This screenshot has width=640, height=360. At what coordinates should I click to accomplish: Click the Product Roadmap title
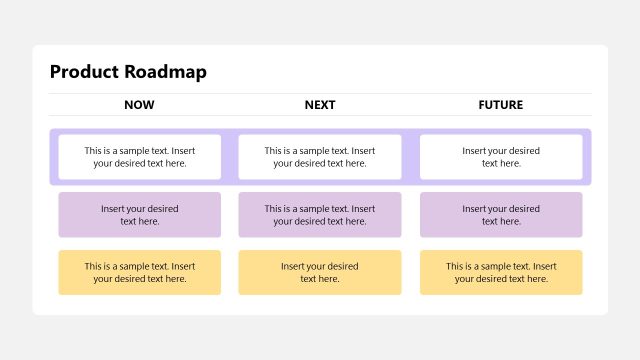tap(128, 72)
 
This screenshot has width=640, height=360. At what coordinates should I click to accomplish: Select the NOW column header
tap(139, 105)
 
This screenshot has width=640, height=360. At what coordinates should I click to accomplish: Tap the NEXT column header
tap(320, 105)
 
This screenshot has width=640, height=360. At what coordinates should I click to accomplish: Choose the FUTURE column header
tap(500, 105)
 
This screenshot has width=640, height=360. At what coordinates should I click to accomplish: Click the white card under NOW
tap(139, 157)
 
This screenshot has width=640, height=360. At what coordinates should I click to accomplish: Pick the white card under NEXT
tap(320, 157)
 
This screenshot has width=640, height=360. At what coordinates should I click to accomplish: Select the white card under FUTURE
tap(501, 157)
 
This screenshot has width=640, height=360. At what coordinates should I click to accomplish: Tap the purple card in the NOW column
tap(139, 215)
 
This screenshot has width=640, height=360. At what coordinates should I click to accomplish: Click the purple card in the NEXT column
tap(320, 215)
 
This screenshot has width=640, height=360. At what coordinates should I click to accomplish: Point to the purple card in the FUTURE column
tap(501, 215)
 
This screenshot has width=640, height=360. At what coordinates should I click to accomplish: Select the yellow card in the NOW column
tap(139, 272)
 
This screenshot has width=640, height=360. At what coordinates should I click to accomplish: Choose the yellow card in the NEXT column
tap(320, 272)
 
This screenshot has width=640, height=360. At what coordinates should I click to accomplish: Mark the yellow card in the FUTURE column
tap(501, 272)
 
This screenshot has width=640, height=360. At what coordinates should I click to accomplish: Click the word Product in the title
tap(84, 72)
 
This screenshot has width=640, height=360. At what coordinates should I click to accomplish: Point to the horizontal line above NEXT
tap(320, 94)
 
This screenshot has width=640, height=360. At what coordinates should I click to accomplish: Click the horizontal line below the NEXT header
tap(320, 116)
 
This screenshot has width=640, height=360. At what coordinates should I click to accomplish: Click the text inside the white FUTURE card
tap(501, 157)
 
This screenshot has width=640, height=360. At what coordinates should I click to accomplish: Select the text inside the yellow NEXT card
tap(320, 272)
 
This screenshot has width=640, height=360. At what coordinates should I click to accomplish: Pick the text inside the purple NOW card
tap(139, 215)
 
